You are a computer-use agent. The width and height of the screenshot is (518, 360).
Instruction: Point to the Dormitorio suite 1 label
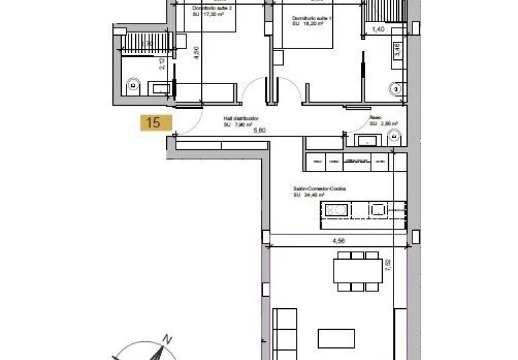[312, 18]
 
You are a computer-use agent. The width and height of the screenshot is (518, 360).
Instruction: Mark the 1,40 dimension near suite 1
[379, 31]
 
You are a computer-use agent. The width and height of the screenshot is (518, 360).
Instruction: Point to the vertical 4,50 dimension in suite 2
[196, 52]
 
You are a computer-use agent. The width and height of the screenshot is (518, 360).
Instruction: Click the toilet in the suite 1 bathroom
[396, 85]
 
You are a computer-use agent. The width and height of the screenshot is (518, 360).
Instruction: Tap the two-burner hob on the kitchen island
[337, 210]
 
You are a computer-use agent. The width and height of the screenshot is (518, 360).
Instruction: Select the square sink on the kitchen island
[377, 210]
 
